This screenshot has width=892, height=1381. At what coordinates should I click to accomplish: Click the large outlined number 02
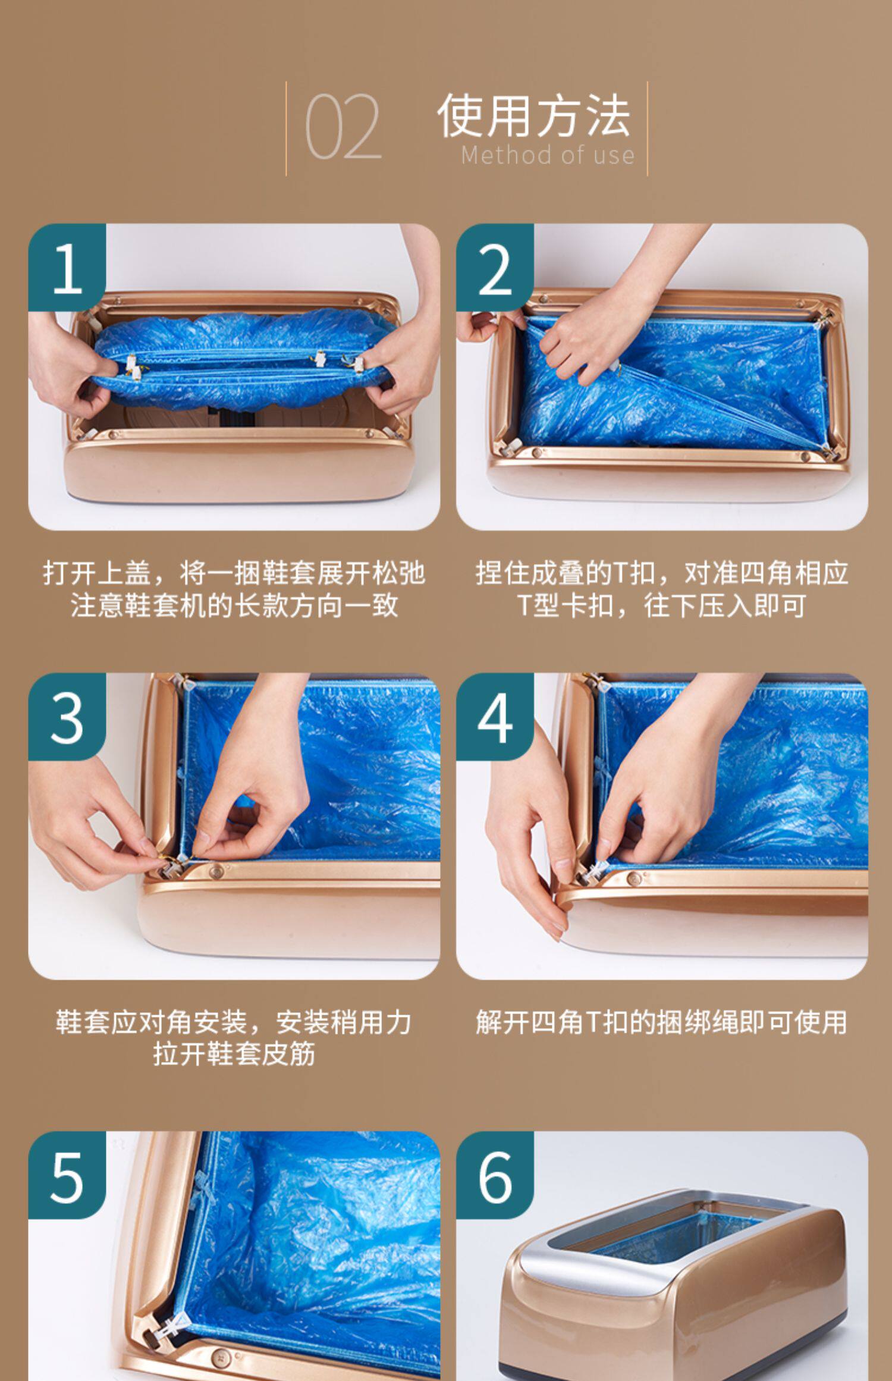(x=343, y=127)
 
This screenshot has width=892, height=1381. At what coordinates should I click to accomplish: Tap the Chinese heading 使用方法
(x=533, y=115)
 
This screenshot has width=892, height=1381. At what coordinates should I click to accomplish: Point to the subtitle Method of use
(x=548, y=155)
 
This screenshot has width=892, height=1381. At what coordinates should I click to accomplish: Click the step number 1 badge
(x=67, y=268)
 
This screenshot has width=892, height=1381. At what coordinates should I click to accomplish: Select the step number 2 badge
(x=495, y=268)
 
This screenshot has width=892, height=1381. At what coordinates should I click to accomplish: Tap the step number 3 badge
(x=67, y=717)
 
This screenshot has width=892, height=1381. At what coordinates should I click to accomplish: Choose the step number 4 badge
(x=495, y=717)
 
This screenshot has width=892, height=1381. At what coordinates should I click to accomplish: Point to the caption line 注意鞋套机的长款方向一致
(x=234, y=606)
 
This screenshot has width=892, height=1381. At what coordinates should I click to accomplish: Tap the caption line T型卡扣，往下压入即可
(x=662, y=606)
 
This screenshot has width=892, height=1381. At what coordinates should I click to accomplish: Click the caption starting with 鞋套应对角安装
(x=234, y=1022)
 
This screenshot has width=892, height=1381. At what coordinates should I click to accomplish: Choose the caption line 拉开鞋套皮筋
(x=234, y=1054)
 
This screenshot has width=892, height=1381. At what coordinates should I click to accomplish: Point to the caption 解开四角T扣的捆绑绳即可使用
(x=662, y=1022)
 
